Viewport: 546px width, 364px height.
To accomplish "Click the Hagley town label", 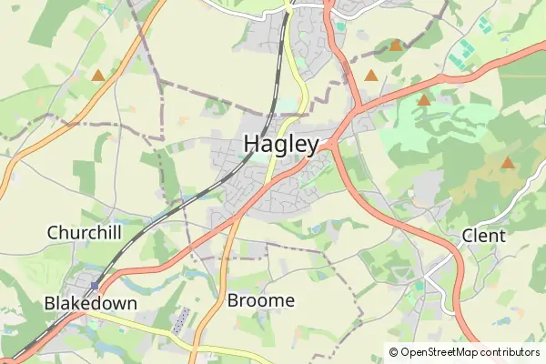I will pyautogui.click(x=281, y=144).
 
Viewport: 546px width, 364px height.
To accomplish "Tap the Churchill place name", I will pyautogui.click(x=84, y=233).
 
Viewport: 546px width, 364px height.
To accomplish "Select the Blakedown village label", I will pyautogui.click(x=90, y=303).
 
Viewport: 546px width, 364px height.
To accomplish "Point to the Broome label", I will pyautogui.click(x=261, y=300).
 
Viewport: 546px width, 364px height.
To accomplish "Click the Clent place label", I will pyautogui.click(x=483, y=236).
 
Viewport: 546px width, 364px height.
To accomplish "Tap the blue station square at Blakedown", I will pyautogui.click(x=94, y=285).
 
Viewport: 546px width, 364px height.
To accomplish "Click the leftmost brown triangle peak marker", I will pyautogui.click(x=97, y=74).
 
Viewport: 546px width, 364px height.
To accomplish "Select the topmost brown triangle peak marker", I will pyautogui.click(x=395, y=45).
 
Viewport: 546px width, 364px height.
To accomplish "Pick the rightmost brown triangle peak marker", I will pyautogui.click(x=507, y=163).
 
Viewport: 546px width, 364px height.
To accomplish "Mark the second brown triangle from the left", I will pyautogui.click(x=370, y=76).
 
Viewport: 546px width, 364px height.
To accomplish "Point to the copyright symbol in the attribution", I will pyautogui.click(x=394, y=352).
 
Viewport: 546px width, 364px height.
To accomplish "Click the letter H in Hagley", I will pyautogui.click(x=252, y=144).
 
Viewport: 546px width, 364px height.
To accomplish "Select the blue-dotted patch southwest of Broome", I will pyautogui.click(x=181, y=318).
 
